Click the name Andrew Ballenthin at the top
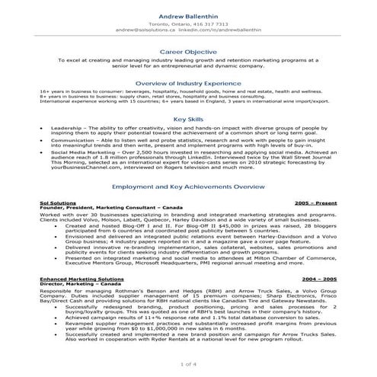click(188, 15)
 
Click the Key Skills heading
click(188, 120)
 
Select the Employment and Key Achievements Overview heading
click(188, 186)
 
